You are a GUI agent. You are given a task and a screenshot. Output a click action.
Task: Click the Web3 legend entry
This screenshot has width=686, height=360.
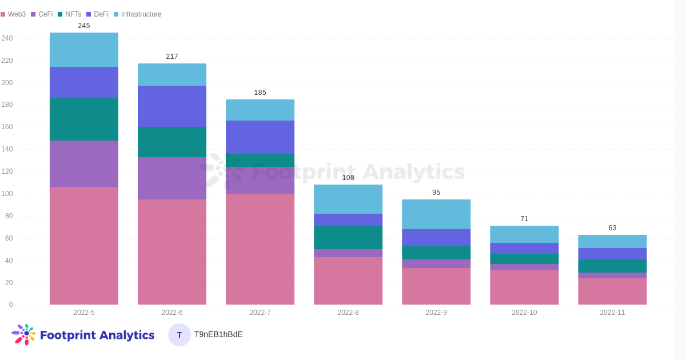coord(13,14)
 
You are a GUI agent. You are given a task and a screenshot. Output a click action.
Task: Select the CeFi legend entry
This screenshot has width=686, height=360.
coord(42,14)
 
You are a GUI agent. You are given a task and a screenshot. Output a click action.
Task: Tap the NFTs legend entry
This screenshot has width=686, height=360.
coord(69,14)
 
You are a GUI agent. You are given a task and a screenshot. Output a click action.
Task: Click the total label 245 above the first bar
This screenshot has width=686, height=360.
coord(84,26)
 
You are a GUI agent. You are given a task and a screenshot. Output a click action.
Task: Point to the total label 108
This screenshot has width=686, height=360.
coord(348,178)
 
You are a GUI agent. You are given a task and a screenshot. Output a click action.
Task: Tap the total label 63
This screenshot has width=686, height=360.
coord(612,228)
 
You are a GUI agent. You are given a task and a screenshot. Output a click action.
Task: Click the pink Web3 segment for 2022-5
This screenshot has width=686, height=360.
coord(84,246)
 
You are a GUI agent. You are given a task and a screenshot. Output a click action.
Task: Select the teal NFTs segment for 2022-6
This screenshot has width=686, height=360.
coord(172,142)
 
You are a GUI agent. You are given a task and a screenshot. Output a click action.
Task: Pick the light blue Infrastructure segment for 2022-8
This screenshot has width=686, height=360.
coord(348,199)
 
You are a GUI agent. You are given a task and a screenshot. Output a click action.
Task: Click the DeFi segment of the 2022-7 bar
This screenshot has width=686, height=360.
coord(260,137)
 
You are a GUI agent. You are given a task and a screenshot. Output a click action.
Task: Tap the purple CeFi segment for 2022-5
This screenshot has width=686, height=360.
coord(84,163)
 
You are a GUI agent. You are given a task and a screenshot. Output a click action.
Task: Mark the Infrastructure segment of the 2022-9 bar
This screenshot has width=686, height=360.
coord(436,214)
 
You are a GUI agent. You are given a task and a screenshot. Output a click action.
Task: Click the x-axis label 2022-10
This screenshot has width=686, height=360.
coord(524,313)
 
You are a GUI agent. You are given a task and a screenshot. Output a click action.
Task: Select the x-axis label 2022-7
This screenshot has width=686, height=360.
coord(260,313)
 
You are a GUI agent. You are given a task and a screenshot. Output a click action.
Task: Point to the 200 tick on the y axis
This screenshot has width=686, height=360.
coord(7,83)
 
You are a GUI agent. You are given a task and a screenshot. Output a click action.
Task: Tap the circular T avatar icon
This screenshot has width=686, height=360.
coord(180,335)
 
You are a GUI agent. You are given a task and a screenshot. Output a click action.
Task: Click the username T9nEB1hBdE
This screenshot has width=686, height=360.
coord(218,334)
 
